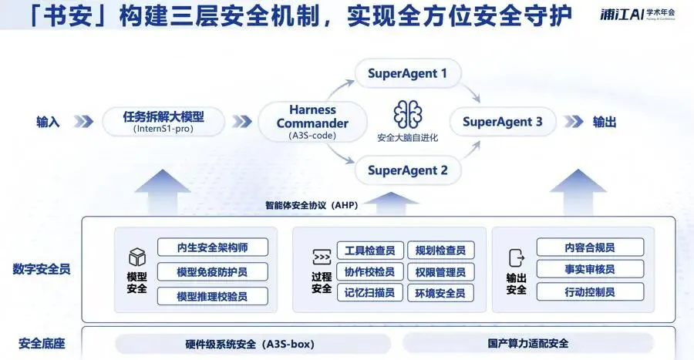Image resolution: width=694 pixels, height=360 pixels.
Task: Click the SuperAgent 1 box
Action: (x=407, y=75)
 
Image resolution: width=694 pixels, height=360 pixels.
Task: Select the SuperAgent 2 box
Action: (x=407, y=170)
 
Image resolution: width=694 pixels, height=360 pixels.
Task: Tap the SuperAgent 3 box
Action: (x=502, y=122)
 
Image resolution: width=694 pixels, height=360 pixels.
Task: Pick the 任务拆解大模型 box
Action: (x=163, y=122)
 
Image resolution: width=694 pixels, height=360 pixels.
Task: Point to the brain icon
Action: (x=407, y=115)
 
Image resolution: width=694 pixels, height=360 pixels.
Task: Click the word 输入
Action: (x=47, y=122)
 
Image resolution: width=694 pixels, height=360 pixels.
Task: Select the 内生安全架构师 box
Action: (x=213, y=247)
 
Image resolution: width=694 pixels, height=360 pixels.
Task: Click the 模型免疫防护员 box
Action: (x=213, y=271)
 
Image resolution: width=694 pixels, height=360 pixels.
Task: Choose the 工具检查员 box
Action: (x=370, y=250)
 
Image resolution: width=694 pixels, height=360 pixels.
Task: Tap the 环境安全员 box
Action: (x=440, y=293)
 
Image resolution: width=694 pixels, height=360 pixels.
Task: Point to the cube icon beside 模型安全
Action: (x=137, y=257)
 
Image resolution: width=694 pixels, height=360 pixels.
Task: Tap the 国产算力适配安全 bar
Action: (x=528, y=343)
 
